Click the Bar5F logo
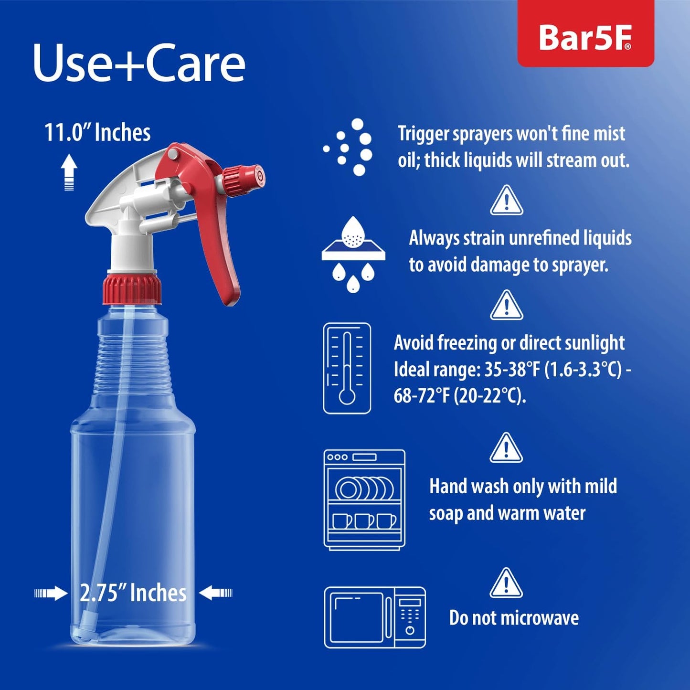[585, 37]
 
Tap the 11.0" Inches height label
[97, 132]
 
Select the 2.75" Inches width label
[133, 593]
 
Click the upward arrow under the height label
[69, 172]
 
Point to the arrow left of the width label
[51, 593]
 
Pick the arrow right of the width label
[215, 593]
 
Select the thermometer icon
[347, 368]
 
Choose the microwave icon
[375, 617]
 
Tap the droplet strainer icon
[353, 255]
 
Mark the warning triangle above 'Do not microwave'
[506, 584]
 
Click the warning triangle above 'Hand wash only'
[506, 448]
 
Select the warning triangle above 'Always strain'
[507, 201]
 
